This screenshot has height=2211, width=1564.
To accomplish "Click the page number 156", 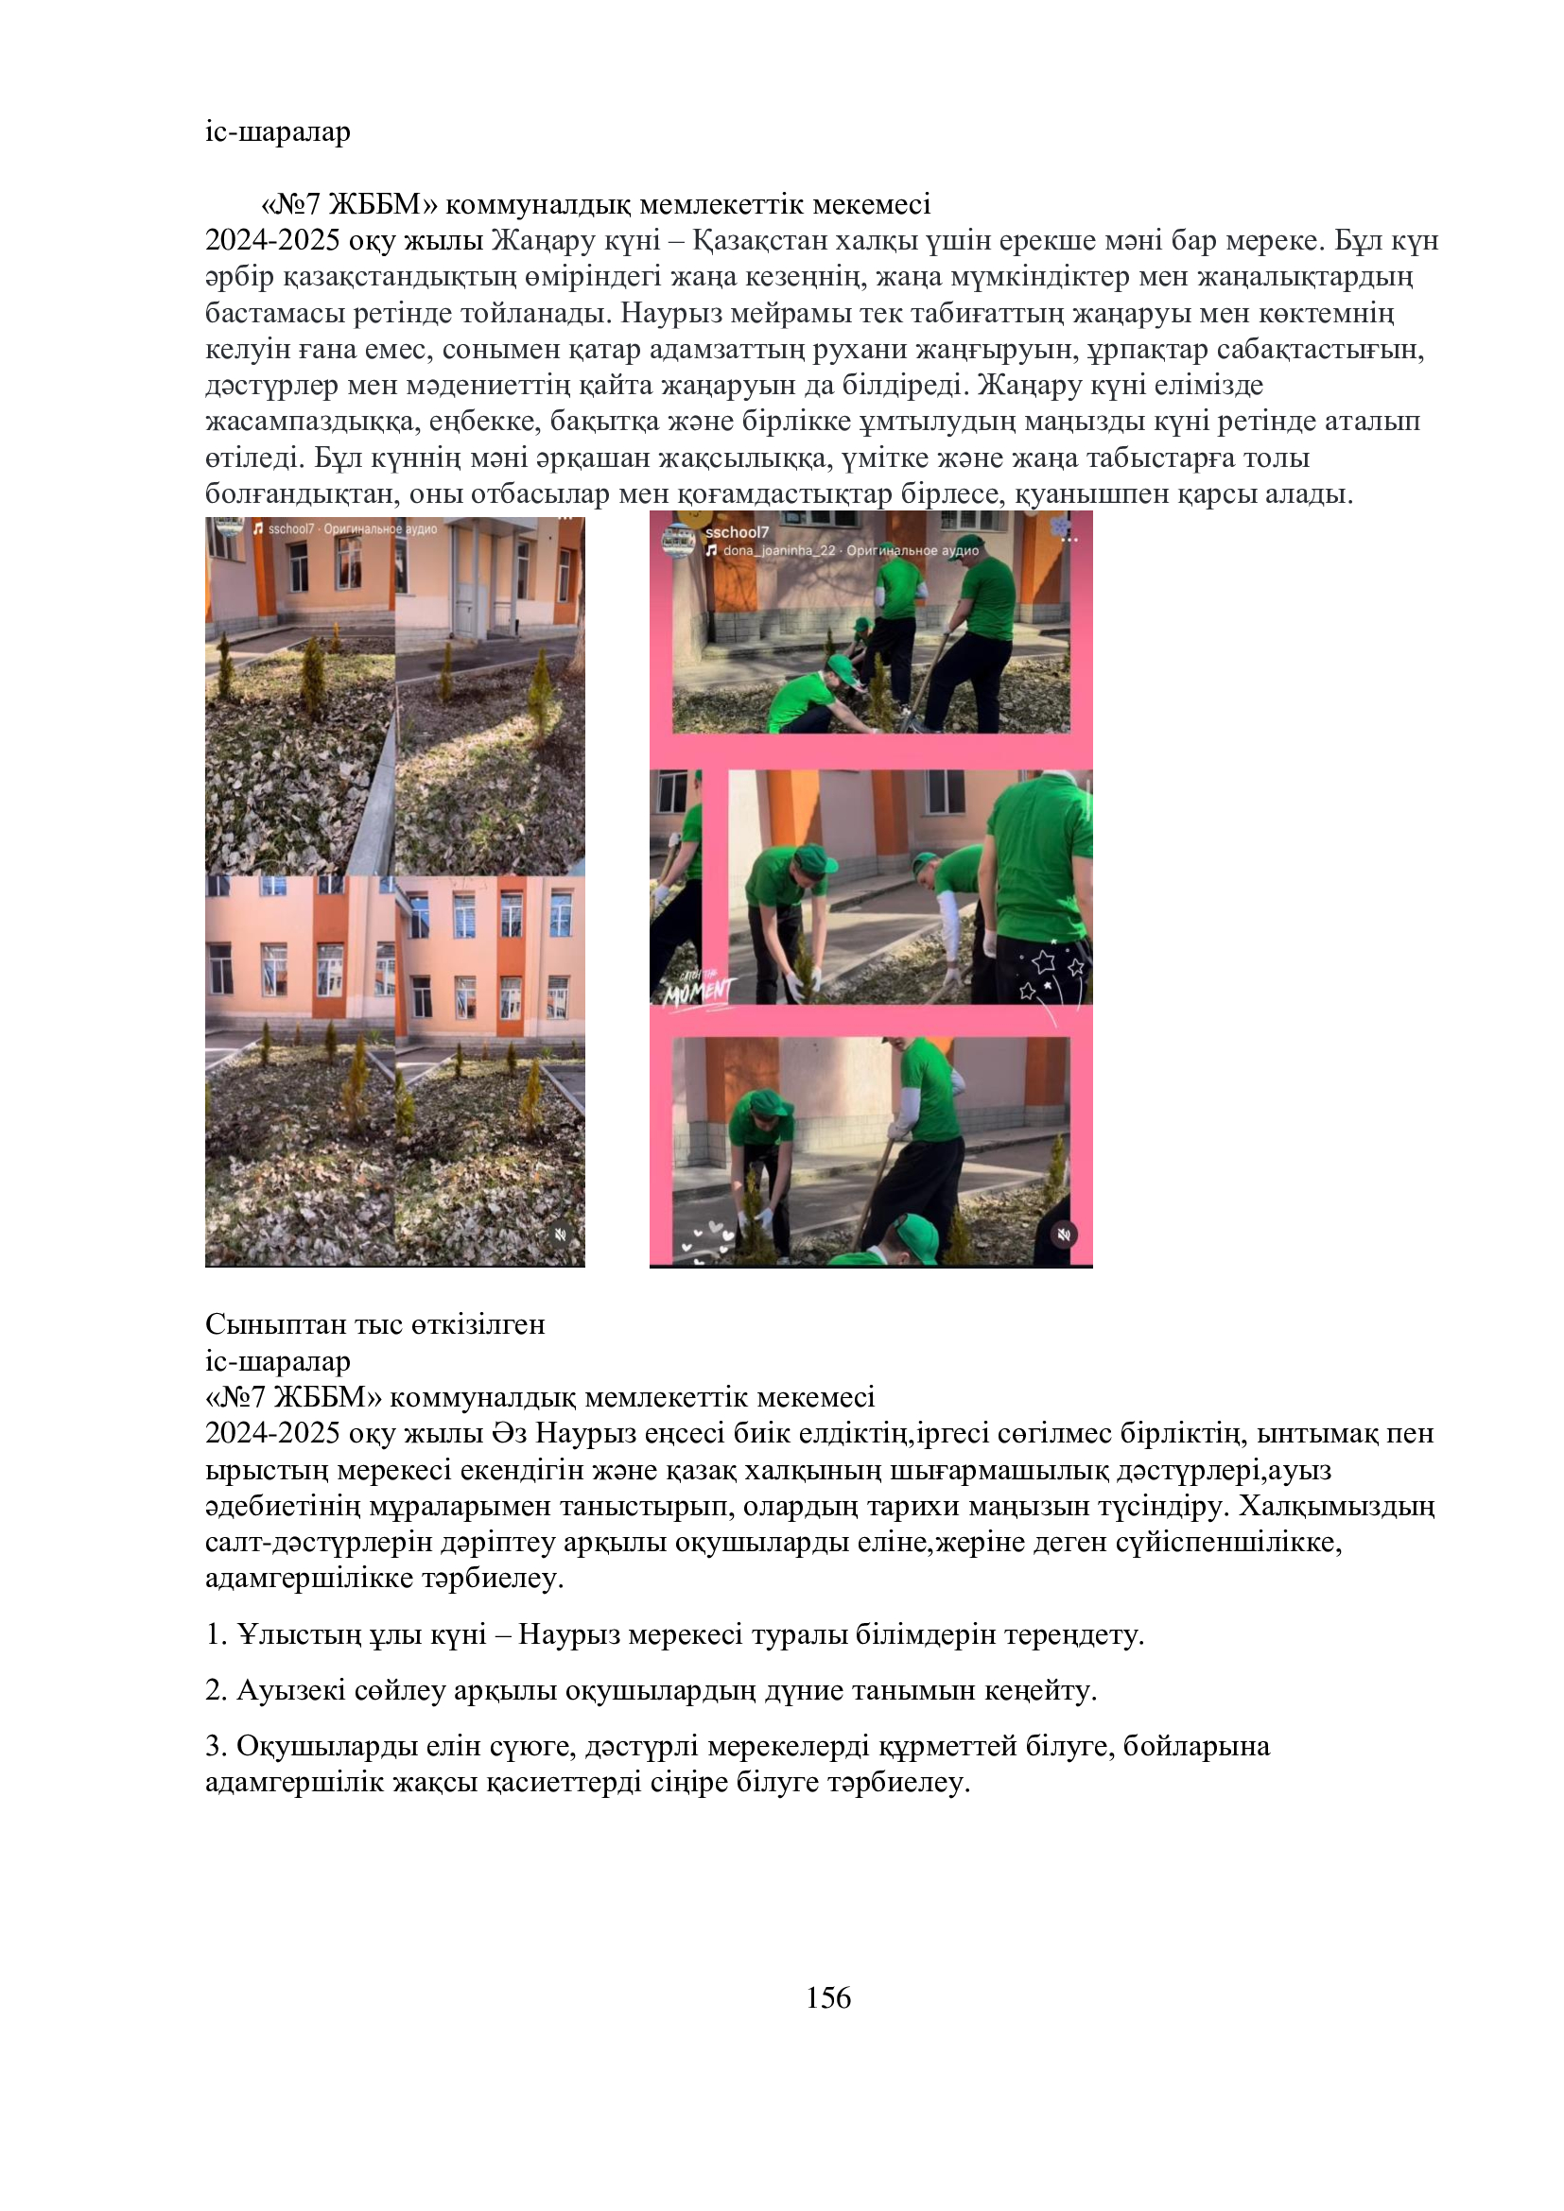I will [x=828, y=1998].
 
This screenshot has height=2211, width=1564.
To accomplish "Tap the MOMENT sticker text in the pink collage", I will [x=696, y=989].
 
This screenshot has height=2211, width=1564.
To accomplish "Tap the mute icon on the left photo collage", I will [x=562, y=1234].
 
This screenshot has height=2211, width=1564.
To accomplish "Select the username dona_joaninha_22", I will [x=779, y=551].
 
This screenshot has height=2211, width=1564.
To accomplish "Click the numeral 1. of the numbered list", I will [x=216, y=1635].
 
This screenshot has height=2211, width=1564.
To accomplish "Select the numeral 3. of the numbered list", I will [x=216, y=1746].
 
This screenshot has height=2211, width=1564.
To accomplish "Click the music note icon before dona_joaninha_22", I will [x=711, y=551].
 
